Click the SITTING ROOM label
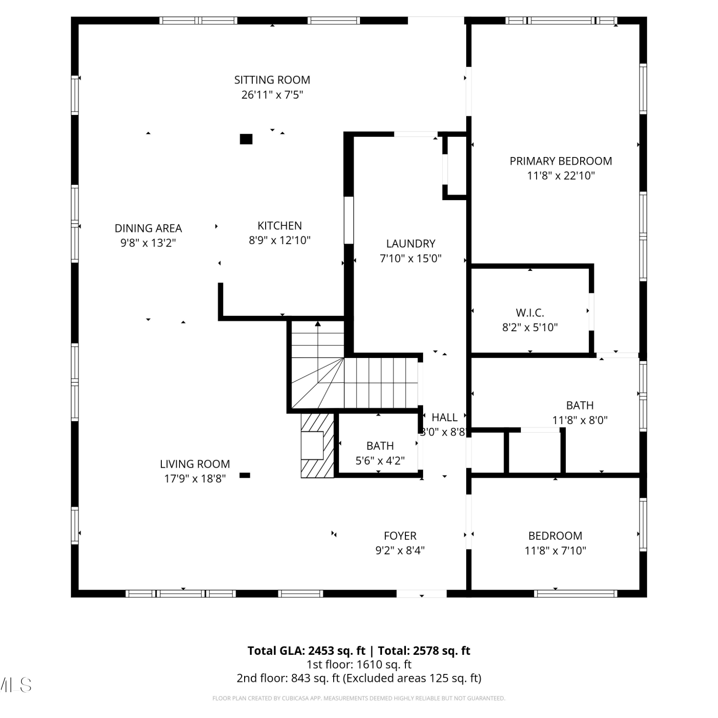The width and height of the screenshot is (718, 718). coord(272,80)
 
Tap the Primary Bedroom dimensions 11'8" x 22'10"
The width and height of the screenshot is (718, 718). coord(561,176)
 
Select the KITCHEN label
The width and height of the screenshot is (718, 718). coord(280,226)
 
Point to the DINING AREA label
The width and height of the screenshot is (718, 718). coord(148,228)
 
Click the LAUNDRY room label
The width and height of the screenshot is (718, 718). coord(411,244)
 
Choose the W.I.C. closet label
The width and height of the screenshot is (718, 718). coord(530,313)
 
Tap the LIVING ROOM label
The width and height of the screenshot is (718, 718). coord(195,464)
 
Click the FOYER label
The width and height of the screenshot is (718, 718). coord(400,536)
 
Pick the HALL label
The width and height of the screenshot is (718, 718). coord(445,417)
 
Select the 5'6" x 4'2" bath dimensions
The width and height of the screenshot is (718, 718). coord(380,461)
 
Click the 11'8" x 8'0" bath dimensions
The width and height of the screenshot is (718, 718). coord(580,420)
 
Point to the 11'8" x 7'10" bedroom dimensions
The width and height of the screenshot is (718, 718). coord(555,551)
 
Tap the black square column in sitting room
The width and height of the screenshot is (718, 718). coord(246,139)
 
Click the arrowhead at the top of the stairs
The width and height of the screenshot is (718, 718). coord(318,324)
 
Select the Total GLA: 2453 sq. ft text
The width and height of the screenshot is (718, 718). coord(306,651)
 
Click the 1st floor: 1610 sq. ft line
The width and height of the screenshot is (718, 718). coord(359,664)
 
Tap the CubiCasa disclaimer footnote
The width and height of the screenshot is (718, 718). coord(359,698)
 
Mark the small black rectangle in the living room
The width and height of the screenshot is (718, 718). coord(245,475)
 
